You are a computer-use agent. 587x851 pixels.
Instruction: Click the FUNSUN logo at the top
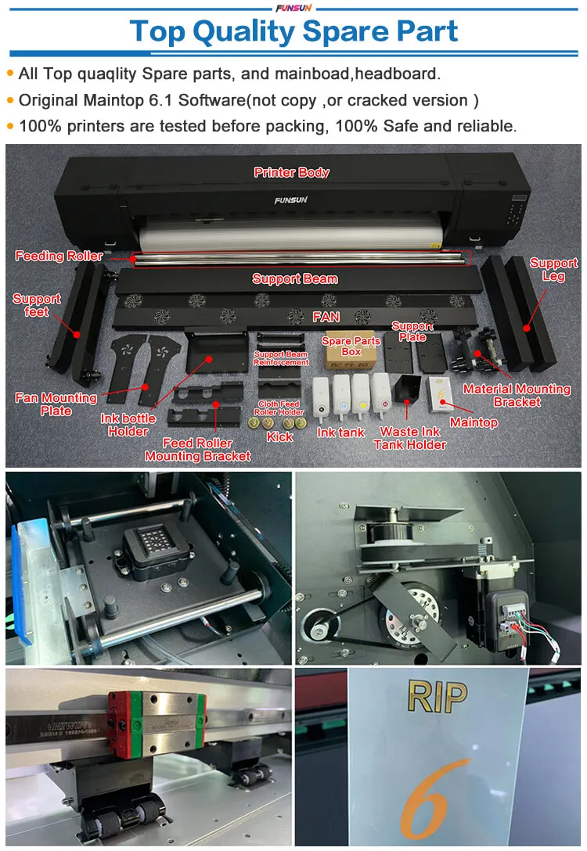click(293, 8)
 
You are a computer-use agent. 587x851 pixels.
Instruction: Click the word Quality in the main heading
click(243, 32)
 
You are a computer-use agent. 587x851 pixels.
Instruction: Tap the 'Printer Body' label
click(291, 172)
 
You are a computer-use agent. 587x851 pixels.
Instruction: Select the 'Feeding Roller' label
click(59, 256)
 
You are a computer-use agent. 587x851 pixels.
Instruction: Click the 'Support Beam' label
click(294, 278)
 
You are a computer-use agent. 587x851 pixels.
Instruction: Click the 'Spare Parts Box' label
click(351, 346)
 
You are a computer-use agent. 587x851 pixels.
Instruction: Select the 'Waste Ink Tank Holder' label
click(409, 438)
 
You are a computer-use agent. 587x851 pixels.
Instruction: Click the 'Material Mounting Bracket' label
click(517, 395)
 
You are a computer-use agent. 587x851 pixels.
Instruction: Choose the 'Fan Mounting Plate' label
click(56, 404)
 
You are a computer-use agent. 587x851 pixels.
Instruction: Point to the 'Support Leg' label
click(553, 269)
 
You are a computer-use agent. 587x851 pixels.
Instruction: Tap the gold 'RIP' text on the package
click(437, 695)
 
